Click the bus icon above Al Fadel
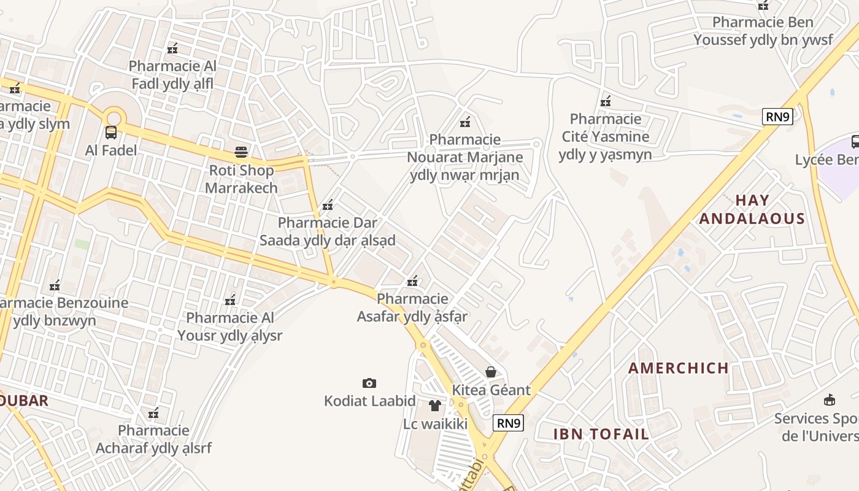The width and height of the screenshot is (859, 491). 111,132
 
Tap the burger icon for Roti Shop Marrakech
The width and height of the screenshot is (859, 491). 241,152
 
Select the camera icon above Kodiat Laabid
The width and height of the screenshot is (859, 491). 369,384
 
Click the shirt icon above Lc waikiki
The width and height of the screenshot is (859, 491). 435,405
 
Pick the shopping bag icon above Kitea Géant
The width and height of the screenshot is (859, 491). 491,371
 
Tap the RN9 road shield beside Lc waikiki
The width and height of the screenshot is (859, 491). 509,423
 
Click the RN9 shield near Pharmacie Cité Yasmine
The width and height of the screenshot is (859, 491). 777,117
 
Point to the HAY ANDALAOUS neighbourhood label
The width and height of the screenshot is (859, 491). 752,209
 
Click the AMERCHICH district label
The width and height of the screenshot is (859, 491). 679,368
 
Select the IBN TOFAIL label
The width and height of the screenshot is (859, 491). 601,434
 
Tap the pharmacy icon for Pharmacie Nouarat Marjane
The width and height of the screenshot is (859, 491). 465,122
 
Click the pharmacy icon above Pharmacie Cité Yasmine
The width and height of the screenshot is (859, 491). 606,101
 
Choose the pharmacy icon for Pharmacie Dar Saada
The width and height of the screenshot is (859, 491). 328,204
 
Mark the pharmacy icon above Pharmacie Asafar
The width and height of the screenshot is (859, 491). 412,281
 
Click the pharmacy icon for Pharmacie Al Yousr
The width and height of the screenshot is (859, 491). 230,300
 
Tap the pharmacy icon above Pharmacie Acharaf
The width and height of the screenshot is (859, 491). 153,412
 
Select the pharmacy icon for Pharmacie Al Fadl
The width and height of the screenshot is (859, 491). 172,48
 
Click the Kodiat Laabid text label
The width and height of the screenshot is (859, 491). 370,401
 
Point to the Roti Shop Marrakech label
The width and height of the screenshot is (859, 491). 241,179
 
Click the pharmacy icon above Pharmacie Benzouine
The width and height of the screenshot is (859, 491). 55,285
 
